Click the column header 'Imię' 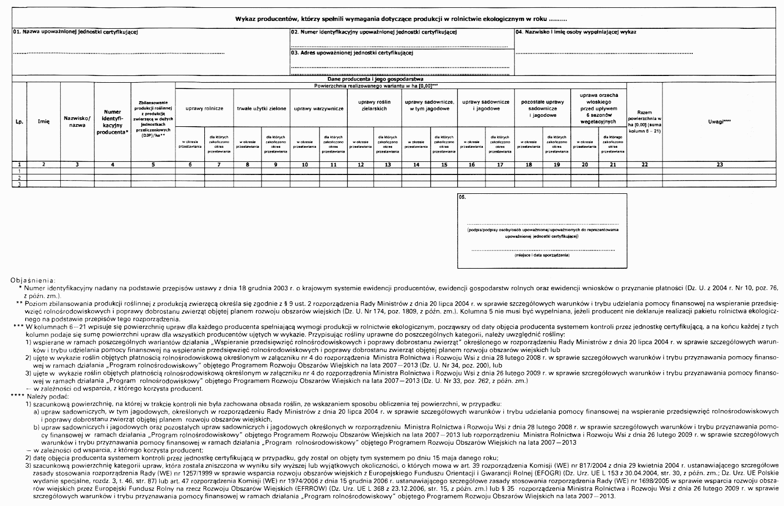click(x=43, y=122)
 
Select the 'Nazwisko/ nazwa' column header click(x=78, y=122)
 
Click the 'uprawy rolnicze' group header click(x=204, y=108)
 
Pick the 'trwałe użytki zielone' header click(x=261, y=108)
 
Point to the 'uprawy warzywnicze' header click(x=318, y=108)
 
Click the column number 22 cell click(x=644, y=164)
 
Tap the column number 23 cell click(x=720, y=164)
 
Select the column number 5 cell click(x=153, y=164)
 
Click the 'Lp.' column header click(x=19, y=122)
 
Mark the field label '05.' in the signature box click(x=461, y=198)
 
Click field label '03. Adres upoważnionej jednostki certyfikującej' click(x=352, y=53)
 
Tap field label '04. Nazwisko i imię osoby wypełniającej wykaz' click(x=576, y=32)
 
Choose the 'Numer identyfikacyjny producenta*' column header click(x=113, y=122)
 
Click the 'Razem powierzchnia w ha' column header click(x=644, y=122)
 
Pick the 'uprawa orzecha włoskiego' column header click(x=599, y=108)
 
